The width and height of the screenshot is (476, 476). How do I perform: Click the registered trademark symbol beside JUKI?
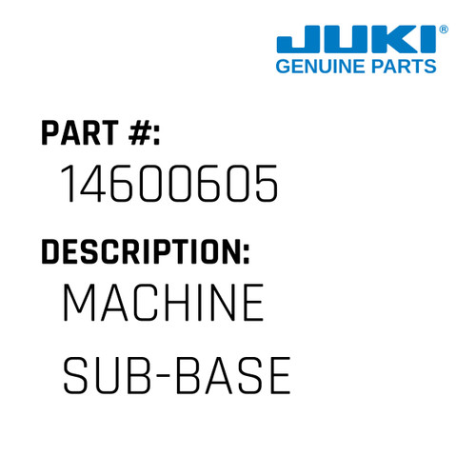click(443, 30)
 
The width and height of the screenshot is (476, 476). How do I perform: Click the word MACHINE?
click(162, 306)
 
